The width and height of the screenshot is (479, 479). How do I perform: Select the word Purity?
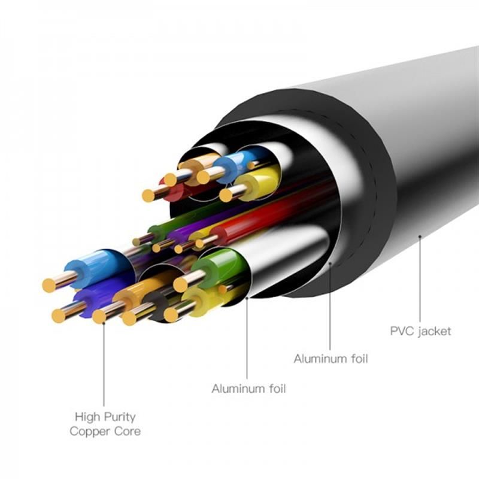coord(119,417)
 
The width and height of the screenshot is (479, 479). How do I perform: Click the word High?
coord(88,417)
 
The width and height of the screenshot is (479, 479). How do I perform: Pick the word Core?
coord(128,431)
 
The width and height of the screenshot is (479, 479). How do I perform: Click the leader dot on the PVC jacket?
coord(420,236)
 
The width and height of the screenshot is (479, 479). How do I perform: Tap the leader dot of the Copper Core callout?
coord(104,323)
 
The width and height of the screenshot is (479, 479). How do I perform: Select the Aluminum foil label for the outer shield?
coord(331,358)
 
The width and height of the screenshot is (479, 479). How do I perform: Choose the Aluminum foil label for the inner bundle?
coord(248,389)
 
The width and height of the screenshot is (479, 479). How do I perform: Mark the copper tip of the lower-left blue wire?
coord(49,286)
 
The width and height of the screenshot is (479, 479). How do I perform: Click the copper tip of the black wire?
coord(129,319)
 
